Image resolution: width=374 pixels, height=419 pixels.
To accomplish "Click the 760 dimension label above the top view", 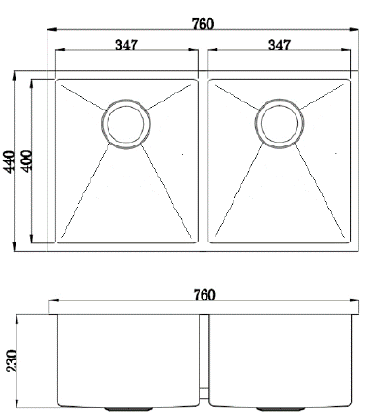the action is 203,24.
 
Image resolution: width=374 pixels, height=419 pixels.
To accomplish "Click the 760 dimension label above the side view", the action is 204,295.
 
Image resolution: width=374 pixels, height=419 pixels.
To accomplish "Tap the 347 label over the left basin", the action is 126,45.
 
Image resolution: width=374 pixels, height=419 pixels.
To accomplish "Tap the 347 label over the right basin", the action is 279,45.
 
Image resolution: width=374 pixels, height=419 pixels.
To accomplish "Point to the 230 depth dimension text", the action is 12,361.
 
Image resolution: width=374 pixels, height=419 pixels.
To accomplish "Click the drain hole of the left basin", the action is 125,124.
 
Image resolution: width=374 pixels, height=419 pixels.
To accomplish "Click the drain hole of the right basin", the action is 279,124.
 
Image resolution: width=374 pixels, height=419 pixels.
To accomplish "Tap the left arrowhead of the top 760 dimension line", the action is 51,30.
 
